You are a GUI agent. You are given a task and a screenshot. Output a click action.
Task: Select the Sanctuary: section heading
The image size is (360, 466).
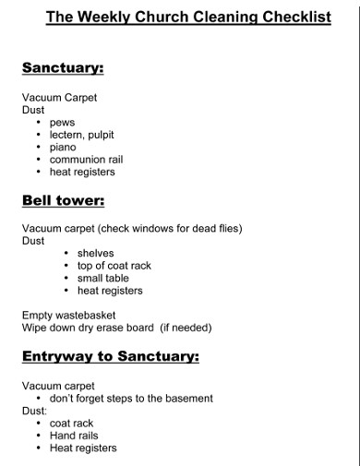tap(63, 67)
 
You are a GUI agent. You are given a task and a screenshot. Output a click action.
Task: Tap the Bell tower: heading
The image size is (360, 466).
tap(63, 200)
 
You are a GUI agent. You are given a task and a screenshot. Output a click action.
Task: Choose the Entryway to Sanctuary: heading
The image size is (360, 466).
tap(111, 355)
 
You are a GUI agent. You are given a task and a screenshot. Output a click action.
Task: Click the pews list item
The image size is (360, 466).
tap(62, 122)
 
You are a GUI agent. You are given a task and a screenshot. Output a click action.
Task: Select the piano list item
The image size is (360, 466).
tap(63, 147)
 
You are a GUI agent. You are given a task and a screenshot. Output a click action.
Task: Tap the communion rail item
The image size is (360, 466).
tap(86, 159)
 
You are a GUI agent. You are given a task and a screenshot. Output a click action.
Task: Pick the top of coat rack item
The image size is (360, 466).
tap(114, 266)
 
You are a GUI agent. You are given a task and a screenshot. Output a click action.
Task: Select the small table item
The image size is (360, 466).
tap(103, 278)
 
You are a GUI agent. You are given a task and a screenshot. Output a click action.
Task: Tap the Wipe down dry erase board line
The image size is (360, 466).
tap(88, 328)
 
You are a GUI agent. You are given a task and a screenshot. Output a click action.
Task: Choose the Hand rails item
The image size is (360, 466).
tap(74, 436)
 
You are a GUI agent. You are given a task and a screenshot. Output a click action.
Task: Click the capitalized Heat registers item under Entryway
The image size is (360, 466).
tap(83, 448)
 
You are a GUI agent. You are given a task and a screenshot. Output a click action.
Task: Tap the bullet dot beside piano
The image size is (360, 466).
tap(38, 147)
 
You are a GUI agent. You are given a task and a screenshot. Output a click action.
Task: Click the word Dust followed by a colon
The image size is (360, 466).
tap(34, 411)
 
